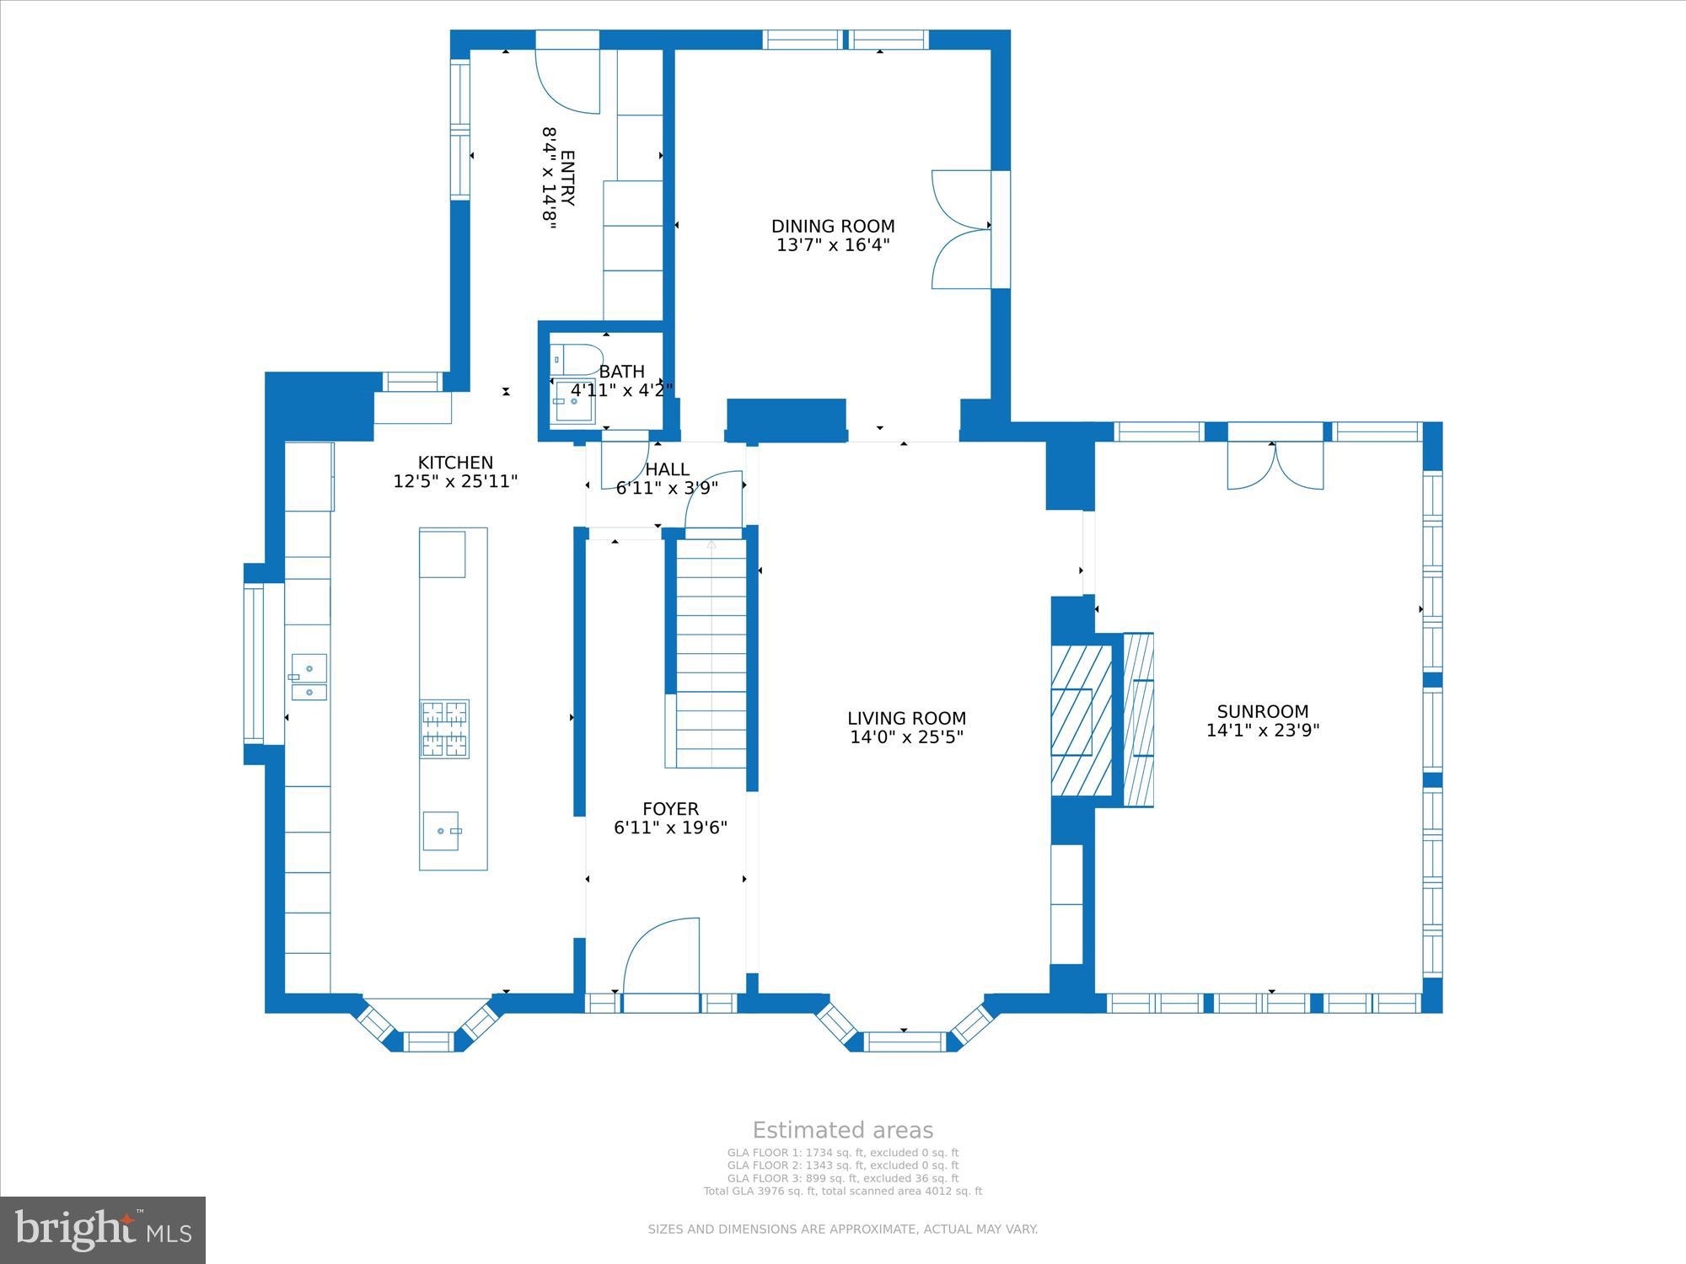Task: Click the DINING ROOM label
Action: point(833,226)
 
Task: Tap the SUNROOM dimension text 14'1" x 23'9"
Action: point(1262,731)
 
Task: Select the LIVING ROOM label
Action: point(906,718)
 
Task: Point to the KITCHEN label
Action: point(455,463)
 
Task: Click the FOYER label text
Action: point(670,809)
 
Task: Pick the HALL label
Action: point(667,469)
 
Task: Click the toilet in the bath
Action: point(577,360)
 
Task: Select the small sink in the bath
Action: point(573,402)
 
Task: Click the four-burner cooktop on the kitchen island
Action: point(445,729)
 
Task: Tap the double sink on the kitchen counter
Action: point(309,677)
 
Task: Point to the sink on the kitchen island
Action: point(442,831)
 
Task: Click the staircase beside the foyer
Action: point(711,653)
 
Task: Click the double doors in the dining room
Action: point(961,229)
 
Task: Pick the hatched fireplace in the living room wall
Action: point(1082,720)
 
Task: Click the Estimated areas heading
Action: point(843,1130)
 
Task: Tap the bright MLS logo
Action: point(103,1230)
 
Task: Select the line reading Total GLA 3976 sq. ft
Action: point(843,1191)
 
